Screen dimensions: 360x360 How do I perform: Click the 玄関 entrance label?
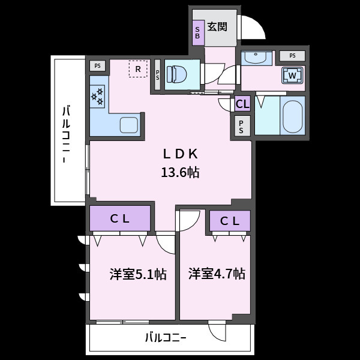[x=217, y=27]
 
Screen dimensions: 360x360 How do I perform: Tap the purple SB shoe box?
[x=198, y=33]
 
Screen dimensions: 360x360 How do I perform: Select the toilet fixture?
[x=176, y=74]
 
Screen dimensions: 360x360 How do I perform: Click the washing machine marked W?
[x=292, y=75]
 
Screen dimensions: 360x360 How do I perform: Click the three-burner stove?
[x=97, y=97]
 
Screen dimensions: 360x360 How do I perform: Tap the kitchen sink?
[x=129, y=125]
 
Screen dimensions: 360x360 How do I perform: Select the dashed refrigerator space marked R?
[x=138, y=69]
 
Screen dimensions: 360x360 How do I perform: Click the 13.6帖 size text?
[x=180, y=172]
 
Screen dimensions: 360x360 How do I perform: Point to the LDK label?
[x=180, y=154]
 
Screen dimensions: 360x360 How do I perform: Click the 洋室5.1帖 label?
[x=138, y=274]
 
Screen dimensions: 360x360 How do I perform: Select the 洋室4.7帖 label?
[x=217, y=274]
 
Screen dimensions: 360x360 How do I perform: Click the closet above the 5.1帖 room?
[x=120, y=218]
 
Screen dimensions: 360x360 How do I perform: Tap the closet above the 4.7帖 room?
[x=230, y=221]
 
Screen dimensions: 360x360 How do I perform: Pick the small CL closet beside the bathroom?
[x=242, y=104]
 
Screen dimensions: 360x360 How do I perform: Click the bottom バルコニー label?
[x=166, y=338]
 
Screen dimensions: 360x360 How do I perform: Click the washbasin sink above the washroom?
[x=256, y=58]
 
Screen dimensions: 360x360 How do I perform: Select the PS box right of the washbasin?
[x=292, y=56]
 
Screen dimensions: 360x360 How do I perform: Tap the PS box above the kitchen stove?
[x=98, y=65]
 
